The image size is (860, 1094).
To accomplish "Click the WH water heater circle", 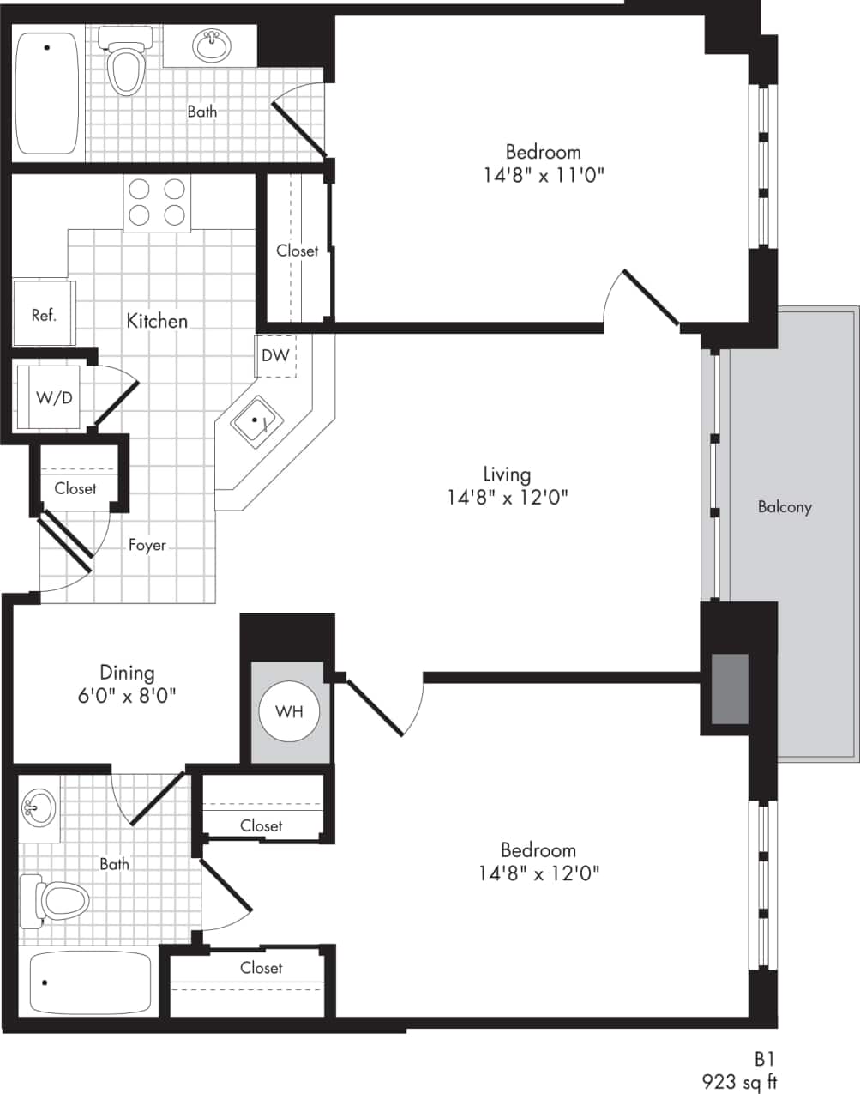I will [289, 711].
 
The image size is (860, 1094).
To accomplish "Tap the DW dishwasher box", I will [275, 355].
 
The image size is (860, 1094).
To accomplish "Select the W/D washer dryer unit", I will [53, 397].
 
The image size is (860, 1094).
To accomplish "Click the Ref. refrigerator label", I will [44, 315].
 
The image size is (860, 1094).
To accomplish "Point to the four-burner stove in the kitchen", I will [156, 202].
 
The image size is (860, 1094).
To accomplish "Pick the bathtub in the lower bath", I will [89, 982].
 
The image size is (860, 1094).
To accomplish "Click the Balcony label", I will [784, 507].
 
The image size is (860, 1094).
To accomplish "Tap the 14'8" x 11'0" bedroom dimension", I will [544, 175].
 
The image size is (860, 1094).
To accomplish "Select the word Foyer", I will [147, 545].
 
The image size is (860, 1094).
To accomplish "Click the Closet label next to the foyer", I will [75, 488].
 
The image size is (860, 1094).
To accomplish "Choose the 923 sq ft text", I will [739, 1081].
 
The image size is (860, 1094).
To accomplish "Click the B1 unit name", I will [764, 1059].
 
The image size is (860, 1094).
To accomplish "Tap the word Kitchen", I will [157, 321].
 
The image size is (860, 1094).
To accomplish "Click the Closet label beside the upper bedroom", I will [297, 251].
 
